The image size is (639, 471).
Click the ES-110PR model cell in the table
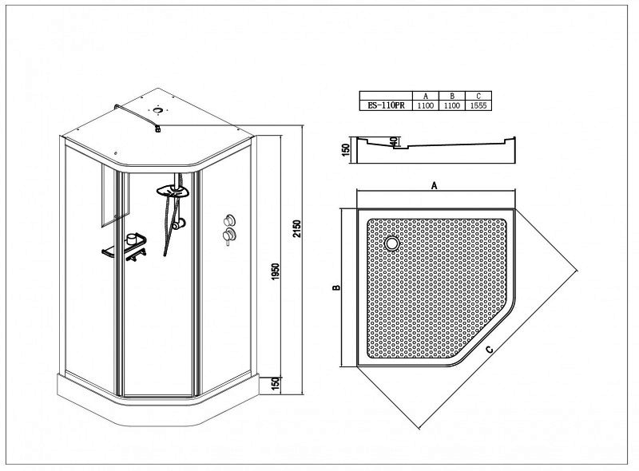[x=386, y=105]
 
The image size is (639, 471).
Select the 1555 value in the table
[x=478, y=105]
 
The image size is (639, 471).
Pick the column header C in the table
[x=478, y=96]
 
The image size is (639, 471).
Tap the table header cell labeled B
[x=452, y=96]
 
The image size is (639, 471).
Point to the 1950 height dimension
[x=276, y=271]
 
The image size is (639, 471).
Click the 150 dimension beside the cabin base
[x=276, y=384]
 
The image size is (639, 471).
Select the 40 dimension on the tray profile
[x=393, y=141]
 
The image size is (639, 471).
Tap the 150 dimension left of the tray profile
[x=347, y=150]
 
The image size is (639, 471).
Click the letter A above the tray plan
[x=435, y=186]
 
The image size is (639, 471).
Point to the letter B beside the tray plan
[x=336, y=287]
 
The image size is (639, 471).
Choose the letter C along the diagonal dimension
[x=490, y=349]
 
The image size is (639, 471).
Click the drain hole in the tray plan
[x=392, y=243]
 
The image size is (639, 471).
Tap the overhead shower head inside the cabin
[x=173, y=191]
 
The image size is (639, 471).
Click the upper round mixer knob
[x=229, y=220]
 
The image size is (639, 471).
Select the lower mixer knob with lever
[x=228, y=235]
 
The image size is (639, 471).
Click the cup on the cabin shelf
[x=132, y=239]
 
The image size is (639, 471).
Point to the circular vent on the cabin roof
[x=157, y=109]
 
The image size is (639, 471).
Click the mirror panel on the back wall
[x=115, y=194]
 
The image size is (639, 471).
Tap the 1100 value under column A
[x=426, y=105]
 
